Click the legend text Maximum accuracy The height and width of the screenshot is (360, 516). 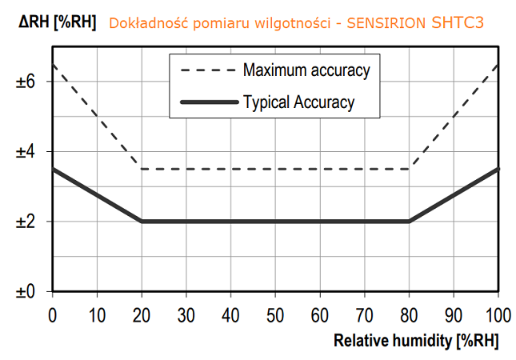click(x=306, y=70)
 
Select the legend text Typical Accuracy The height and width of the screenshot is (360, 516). click(x=298, y=102)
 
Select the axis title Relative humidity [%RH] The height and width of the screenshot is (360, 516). click(x=415, y=340)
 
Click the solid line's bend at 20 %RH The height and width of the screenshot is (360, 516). click(x=142, y=222)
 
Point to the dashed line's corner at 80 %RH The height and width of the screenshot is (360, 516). click(x=410, y=169)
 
